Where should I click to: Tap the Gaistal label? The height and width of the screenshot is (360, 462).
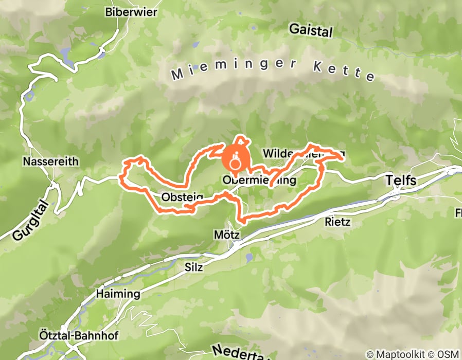click(x=310, y=29)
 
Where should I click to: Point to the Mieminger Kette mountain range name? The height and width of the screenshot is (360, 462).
click(x=273, y=69)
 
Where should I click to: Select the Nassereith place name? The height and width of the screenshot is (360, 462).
click(x=50, y=161)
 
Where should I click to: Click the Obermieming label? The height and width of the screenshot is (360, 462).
click(x=260, y=181)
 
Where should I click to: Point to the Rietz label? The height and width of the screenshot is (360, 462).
click(x=337, y=222)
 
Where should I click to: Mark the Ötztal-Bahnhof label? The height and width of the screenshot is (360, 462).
click(x=72, y=335)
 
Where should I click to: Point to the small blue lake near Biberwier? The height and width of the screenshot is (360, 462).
click(x=66, y=53)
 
